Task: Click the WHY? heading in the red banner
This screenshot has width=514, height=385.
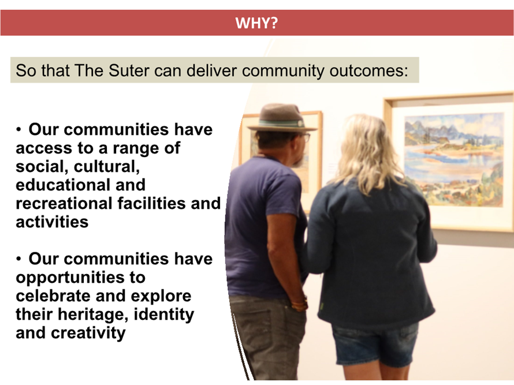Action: (256, 23)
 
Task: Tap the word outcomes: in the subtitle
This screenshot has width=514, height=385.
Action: (369, 70)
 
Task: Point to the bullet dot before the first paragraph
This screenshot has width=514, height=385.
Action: (18, 130)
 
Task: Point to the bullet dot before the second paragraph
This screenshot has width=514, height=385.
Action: (18, 259)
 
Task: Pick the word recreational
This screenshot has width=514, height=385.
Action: (64, 204)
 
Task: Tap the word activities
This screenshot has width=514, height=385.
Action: (52, 222)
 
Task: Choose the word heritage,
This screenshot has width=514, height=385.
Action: (94, 315)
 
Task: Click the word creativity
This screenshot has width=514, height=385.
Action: (88, 333)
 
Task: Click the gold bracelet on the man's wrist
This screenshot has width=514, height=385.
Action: (300, 305)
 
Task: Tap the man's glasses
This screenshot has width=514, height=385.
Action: (305, 137)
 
